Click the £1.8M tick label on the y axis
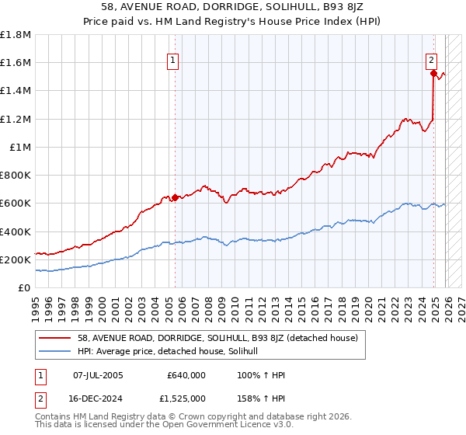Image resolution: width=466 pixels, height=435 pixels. [x=16, y=35]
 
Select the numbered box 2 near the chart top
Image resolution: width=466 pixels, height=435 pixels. [x=431, y=59]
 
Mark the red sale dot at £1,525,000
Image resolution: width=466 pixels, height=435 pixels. [x=433, y=73]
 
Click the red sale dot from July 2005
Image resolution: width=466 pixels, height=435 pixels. [x=175, y=197]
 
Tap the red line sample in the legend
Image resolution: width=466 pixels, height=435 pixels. [x=56, y=338]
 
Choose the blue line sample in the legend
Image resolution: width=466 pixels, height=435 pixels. [x=56, y=351]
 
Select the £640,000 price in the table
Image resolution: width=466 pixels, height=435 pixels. [x=186, y=375]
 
